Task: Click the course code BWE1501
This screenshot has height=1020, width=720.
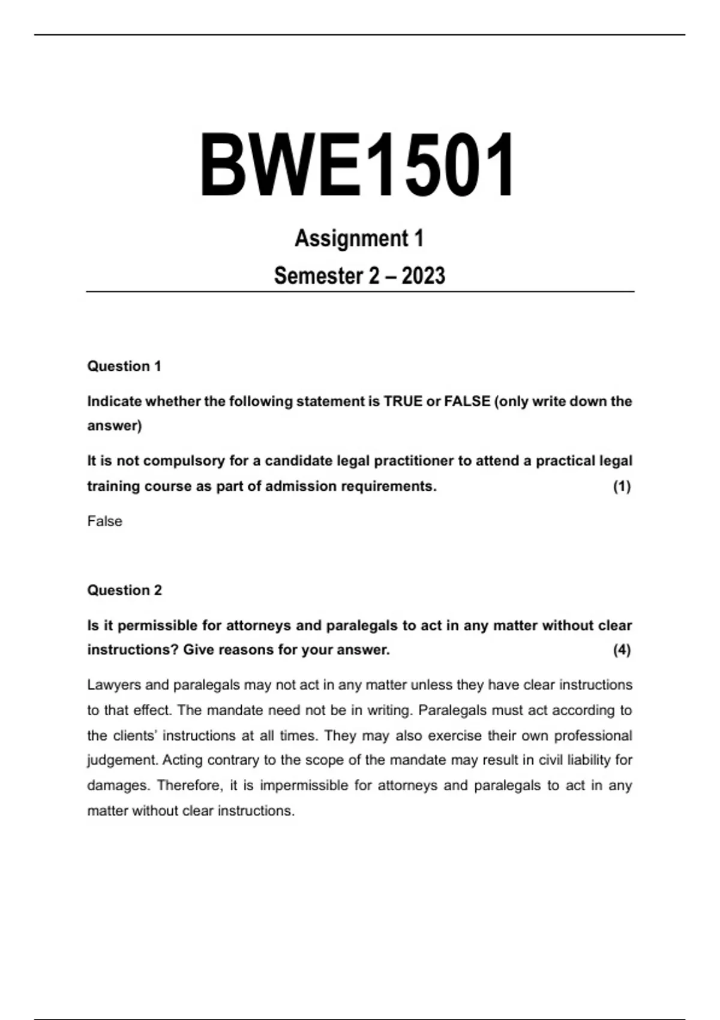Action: (358, 165)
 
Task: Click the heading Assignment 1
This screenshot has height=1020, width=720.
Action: (359, 238)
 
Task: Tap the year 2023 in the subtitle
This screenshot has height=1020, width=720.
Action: (424, 276)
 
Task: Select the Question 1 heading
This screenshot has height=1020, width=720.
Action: (124, 366)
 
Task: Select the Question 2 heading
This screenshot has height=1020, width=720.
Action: (124, 590)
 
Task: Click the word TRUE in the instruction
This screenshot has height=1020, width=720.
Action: (403, 401)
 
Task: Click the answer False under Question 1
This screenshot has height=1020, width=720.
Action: (104, 521)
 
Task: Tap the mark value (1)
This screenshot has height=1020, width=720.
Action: (622, 487)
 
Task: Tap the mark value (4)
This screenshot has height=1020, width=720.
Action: (622, 650)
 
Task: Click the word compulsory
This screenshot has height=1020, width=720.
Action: (183, 461)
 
